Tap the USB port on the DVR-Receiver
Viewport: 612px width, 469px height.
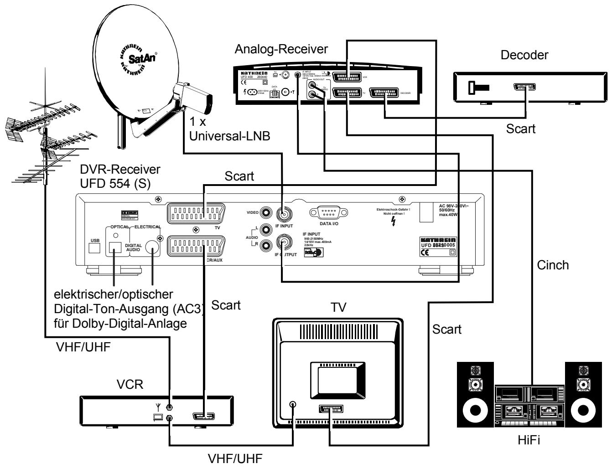94,247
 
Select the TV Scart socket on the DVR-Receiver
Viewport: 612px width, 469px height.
196,213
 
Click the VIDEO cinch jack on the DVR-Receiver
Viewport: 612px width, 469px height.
266,212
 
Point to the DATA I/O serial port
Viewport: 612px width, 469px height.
328,213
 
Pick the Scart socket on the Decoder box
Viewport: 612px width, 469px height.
524,87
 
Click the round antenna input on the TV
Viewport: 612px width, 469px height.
292,404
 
